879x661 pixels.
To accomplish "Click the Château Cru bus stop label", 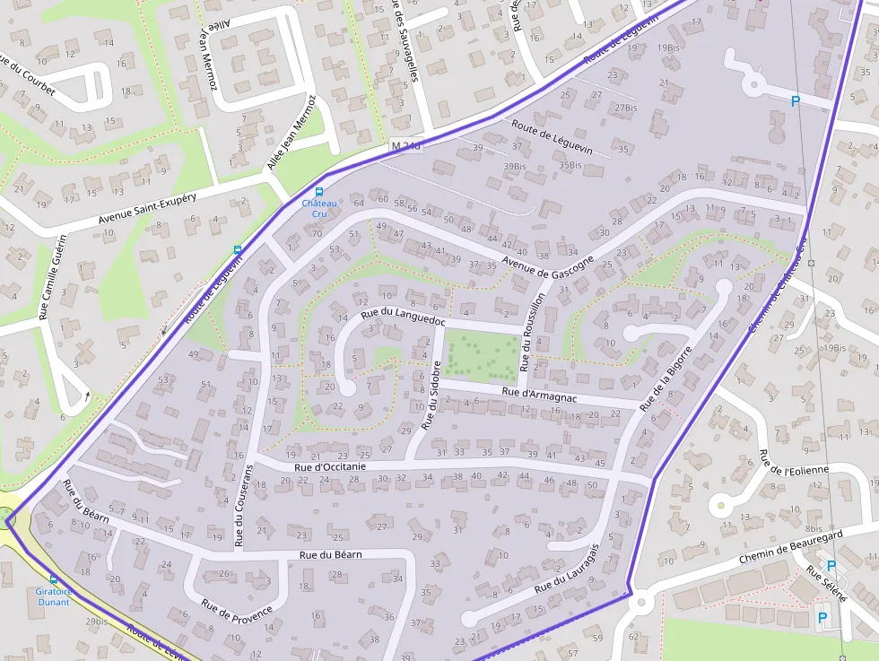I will (x=318, y=209).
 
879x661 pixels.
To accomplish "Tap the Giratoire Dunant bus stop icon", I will (x=53, y=579).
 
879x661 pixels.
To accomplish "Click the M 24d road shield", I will (x=405, y=145).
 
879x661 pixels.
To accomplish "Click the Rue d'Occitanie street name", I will (x=330, y=466).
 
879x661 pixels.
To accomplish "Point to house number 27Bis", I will (x=625, y=108).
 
